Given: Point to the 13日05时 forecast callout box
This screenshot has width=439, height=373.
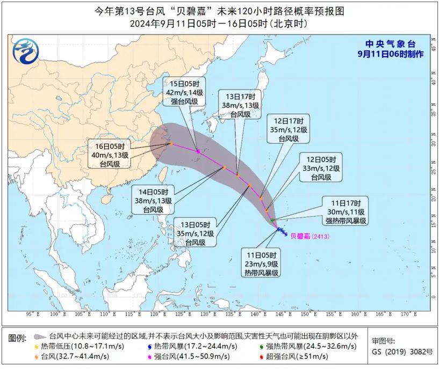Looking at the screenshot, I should click(196, 233).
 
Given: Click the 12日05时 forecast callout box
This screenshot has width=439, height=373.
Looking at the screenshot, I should click(321, 168).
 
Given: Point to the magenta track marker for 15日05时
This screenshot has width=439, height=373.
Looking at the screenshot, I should click(198, 152).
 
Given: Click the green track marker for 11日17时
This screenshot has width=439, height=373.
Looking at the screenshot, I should click(272, 220).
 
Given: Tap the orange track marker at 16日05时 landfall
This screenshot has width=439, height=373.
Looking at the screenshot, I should click(171, 144).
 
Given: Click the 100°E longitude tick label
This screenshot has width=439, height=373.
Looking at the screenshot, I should click(55, 313).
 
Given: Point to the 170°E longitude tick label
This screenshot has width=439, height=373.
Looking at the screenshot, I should click(405, 313).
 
